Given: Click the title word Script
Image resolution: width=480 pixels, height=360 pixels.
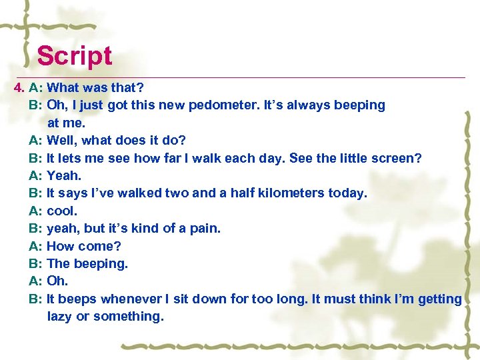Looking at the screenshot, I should [x=74, y=56].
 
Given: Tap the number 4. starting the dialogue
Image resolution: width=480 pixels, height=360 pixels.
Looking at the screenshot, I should [x=19, y=88].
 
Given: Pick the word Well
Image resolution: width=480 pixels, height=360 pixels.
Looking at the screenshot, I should [x=63, y=141].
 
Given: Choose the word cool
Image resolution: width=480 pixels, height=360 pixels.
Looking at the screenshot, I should [x=62, y=211].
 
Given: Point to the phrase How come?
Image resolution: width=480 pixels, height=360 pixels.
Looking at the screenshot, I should [x=84, y=246].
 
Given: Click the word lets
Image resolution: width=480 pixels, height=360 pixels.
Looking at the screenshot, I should [x=70, y=158].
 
